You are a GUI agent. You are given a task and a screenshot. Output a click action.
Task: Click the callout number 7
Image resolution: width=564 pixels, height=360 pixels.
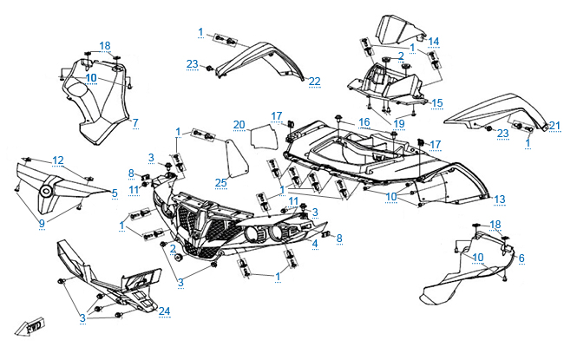pos(135,122)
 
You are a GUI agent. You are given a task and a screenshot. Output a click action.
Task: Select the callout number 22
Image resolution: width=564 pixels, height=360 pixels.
pos(314,82)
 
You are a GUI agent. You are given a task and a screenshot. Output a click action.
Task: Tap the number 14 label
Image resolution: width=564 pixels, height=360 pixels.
pos(434,41)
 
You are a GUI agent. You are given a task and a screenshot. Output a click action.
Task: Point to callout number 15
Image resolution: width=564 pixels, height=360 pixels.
pos(437,102)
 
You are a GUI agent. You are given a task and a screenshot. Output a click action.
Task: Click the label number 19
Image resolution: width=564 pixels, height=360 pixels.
pos(398,123)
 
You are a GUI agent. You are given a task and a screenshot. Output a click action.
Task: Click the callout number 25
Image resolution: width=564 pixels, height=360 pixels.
pos(221,182)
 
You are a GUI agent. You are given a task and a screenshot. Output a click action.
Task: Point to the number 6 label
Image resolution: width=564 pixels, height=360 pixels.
pos(521,259)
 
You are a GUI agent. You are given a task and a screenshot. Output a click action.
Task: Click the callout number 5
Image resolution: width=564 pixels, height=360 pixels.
pos(115,192)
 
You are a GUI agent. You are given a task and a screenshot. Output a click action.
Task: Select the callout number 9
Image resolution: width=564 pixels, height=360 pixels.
pos(41,223)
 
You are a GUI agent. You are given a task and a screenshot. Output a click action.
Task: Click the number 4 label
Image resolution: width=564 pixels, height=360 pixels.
pos(315,244)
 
